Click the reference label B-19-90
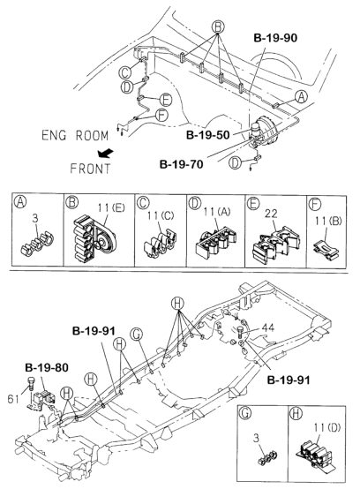[x=275, y=38]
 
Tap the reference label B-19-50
[x=207, y=135]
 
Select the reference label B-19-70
[x=181, y=164]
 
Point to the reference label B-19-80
[x=47, y=367]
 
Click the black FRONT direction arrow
[x=105, y=153]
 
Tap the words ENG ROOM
[x=75, y=135]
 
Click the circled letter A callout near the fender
[x=301, y=97]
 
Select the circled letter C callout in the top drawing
[x=125, y=72]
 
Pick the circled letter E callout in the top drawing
[x=166, y=100]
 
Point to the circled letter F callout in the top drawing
[x=161, y=116]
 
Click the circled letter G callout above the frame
[x=137, y=334]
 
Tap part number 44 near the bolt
[x=268, y=327]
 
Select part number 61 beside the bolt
[x=13, y=399]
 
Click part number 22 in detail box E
[x=271, y=214]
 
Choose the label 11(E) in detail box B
[x=110, y=207]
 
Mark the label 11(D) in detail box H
[x=327, y=427]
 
